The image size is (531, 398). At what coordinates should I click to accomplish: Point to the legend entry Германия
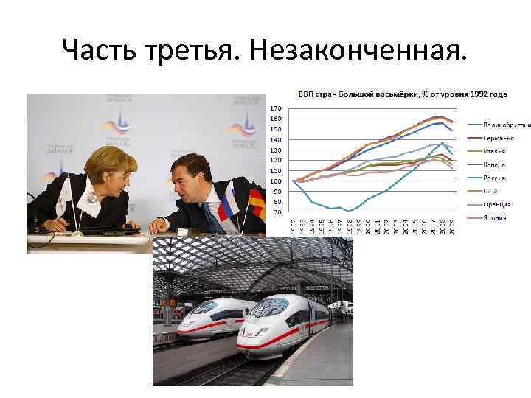(x=499, y=138)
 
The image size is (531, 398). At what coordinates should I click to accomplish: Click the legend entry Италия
(x=496, y=151)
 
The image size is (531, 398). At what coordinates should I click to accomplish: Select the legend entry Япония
(x=496, y=218)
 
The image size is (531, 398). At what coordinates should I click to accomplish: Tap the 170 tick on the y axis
(x=276, y=108)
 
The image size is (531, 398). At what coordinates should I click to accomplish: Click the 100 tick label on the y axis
(x=276, y=181)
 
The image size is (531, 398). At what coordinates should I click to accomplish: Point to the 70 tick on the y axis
(x=277, y=212)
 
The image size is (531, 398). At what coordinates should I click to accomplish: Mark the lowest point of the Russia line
(x=349, y=211)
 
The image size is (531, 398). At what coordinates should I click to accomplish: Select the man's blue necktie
(x=212, y=214)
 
